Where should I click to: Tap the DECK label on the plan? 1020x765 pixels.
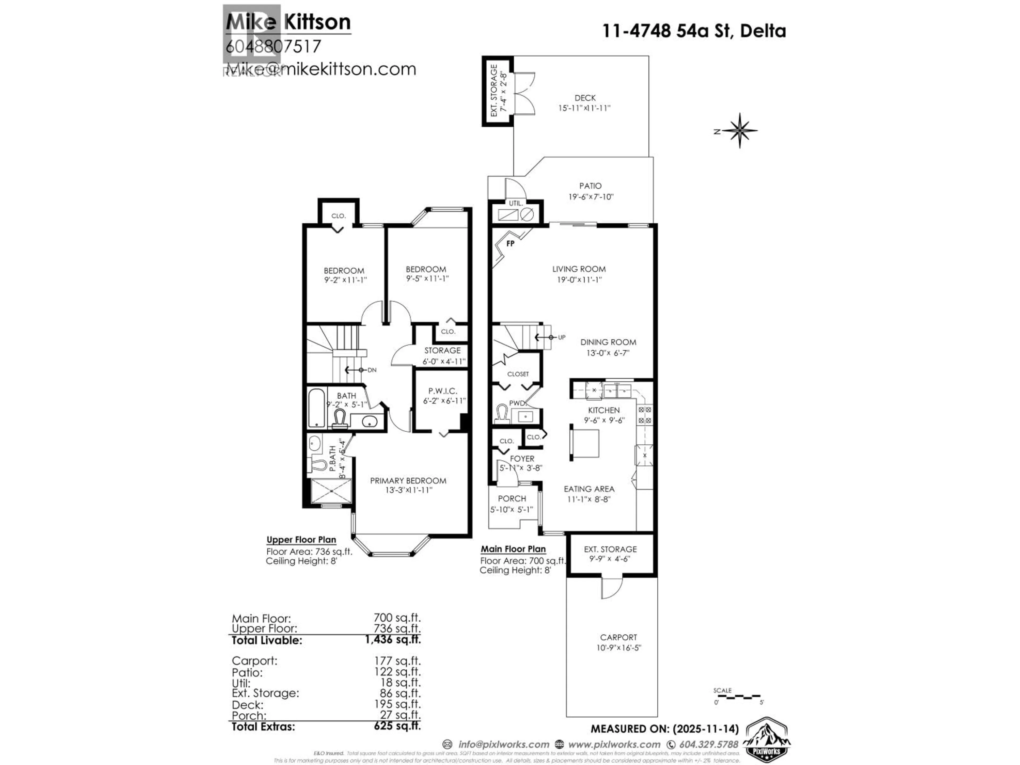pos(585,98)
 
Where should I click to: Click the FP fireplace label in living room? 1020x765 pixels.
pos(510,244)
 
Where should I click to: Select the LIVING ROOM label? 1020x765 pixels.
pos(579,269)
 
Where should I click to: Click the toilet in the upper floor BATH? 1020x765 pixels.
pos(340,418)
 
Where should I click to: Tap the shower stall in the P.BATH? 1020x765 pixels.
pos(331,491)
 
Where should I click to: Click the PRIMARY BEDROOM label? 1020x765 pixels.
pos(408,481)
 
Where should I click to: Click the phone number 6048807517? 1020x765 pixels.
pos(273,46)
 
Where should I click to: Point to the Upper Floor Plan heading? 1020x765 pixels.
pos(301,539)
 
